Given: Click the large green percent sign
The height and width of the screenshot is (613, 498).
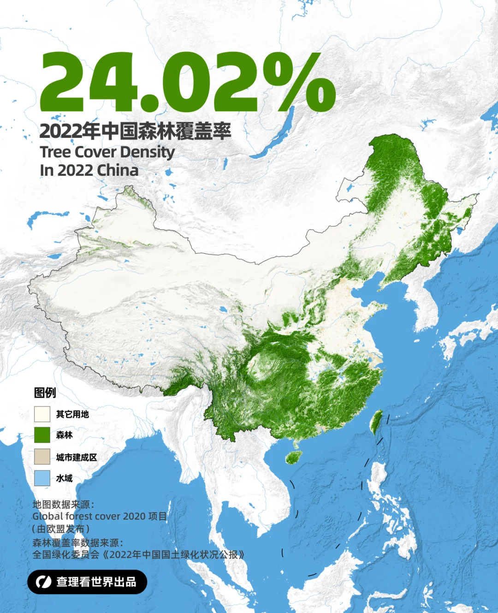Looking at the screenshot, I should pos(299,82).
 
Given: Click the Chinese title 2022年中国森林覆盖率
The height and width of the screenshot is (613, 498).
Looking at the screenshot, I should pos(135,131).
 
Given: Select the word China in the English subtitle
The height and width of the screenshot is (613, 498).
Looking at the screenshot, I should pos(118,170).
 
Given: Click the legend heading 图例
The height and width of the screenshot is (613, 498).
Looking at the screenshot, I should pos(45,393).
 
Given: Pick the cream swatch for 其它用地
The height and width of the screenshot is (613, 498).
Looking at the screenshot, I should pos(42,414).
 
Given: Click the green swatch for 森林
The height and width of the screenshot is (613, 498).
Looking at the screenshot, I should pos(42,435).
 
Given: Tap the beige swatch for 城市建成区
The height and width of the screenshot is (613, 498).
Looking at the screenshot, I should pos(42,457).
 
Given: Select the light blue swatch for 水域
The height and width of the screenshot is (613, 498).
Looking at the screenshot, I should pos(42,478).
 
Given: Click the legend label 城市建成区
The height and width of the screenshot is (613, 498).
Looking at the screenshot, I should pos(77,457).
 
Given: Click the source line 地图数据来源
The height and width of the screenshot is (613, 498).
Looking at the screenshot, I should pos(63,504).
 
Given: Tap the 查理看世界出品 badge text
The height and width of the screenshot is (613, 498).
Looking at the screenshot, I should pos(96,582).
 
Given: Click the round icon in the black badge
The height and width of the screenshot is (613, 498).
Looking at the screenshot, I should pos(44,582).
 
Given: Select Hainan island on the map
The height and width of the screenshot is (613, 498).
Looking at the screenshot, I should pos(293,457).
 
